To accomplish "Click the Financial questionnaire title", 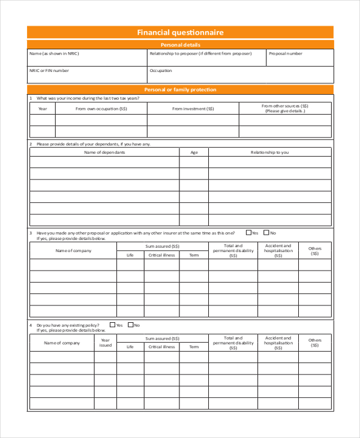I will (180, 32).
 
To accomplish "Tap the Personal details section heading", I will (180, 45).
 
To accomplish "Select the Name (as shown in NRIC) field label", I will (54, 53).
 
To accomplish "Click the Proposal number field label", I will (286, 53).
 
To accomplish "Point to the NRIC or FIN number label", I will (49, 70).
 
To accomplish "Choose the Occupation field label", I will (161, 70).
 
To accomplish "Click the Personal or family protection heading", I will (180, 89).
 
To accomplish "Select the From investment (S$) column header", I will (193, 109).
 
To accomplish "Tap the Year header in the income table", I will (43, 109).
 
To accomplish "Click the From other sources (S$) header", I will (284, 108).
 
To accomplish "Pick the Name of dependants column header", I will (104, 152).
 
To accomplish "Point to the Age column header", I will (194, 152).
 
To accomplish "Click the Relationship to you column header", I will (269, 152).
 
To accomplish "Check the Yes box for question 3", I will (248, 232).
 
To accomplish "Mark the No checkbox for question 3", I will (266, 232).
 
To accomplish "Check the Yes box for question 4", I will (112, 325).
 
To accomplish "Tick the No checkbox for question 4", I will (130, 325).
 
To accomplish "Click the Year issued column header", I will (105, 343).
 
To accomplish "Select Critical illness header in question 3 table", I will (161, 255).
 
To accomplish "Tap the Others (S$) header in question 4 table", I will (315, 343).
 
